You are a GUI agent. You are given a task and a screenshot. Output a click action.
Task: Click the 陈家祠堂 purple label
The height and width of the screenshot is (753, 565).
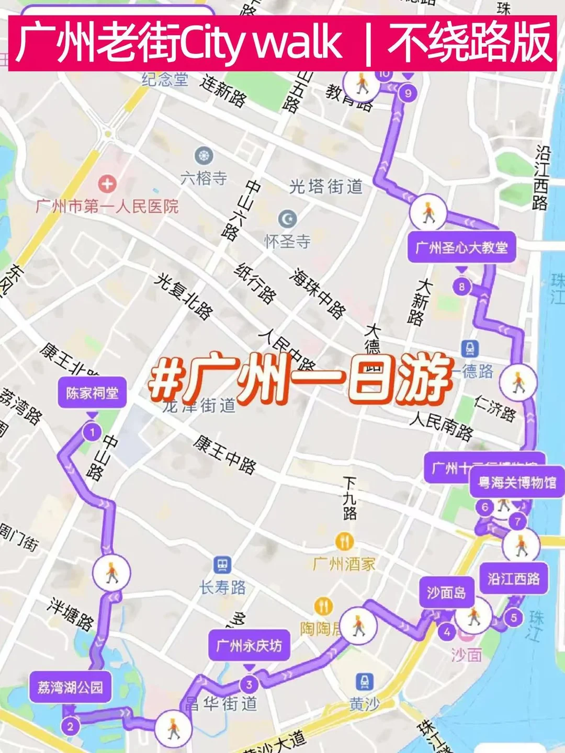[92, 393]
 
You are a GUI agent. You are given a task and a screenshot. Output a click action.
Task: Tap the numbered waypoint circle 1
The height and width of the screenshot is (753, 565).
[93, 432]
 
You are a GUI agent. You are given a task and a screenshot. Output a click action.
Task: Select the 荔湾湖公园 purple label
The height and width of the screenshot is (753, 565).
[70, 687]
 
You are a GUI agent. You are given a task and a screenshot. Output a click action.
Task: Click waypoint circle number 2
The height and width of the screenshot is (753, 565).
[70, 726]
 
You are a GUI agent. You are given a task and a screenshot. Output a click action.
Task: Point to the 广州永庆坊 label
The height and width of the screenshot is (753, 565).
[249, 645]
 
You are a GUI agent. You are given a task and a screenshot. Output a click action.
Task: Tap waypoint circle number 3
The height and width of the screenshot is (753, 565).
[249, 684]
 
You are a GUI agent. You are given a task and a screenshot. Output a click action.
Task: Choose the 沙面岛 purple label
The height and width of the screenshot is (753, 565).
[446, 592]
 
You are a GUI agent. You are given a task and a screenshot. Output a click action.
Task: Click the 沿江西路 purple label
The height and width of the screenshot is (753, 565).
[513, 578]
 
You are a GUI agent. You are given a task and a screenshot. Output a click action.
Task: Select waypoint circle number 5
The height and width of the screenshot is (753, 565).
[514, 618]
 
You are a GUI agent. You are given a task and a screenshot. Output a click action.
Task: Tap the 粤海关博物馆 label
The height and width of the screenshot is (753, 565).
[517, 482]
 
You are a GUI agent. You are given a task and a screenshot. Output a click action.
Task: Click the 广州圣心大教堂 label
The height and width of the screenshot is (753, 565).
[461, 247]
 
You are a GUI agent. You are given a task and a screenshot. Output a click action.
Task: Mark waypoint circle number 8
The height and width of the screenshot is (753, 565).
[461, 287]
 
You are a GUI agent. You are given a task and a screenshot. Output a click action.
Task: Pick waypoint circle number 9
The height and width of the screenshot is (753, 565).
[408, 94]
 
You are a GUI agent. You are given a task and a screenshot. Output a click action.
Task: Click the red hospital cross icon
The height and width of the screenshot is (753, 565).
[108, 184]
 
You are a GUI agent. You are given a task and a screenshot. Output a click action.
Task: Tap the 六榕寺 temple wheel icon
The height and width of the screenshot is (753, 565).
[204, 156]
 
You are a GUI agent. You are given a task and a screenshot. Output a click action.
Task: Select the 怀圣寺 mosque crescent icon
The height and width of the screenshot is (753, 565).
[287, 219]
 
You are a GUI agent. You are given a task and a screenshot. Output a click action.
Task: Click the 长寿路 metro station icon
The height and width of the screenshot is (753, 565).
[222, 565]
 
